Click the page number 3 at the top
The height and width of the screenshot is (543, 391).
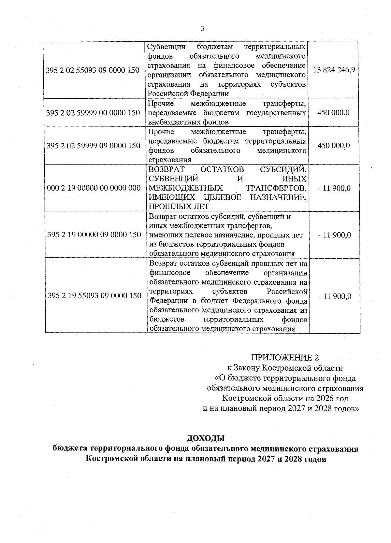pyautogui.click(x=202, y=29)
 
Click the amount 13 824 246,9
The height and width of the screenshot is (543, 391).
pyautogui.click(x=334, y=70)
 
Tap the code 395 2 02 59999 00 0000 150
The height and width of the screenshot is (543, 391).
pyautogui.click(x=93, y=113)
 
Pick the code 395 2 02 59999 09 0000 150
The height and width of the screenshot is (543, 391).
pyautogui.click(x=93, y=146)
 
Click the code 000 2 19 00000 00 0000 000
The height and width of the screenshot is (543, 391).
pyautogui.click(x=94, y=188)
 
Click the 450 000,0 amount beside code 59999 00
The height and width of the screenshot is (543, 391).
pyautogui.click(x=334, y=113)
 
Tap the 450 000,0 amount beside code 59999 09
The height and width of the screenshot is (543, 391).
pyautogui.click(x=334, y=146)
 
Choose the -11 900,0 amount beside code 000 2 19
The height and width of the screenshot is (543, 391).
pyautogui.click(x=334, y=188)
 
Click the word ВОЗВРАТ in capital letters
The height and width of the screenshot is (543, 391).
pyautogui.click(x=167, y=169)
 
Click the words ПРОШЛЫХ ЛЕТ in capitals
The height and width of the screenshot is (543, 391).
pyautogui.click(x=179, y=207)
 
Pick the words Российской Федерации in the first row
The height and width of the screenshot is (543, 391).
pyautogui.click(x=188, y=93)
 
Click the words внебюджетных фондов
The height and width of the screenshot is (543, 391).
pyautogui.click(x=188, y=122)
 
